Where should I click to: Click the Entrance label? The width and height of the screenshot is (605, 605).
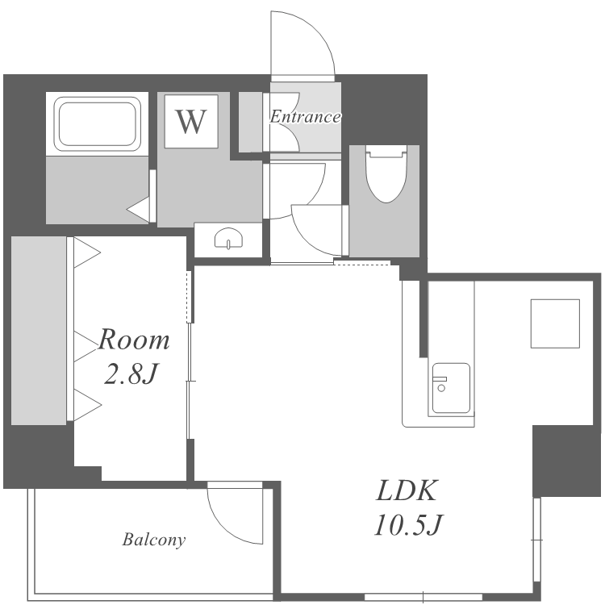305,116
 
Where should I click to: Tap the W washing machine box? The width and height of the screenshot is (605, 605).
191,121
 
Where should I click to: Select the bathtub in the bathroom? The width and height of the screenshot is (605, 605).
97,124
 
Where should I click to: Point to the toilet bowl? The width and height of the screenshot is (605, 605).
386,173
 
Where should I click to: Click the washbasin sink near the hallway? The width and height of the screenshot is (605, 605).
229,239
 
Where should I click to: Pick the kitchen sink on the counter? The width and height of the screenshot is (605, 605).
451,388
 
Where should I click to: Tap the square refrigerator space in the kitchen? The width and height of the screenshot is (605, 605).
555,323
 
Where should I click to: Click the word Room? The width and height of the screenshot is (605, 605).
133,340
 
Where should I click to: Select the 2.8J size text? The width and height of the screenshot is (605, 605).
131,373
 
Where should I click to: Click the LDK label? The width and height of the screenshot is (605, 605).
407,490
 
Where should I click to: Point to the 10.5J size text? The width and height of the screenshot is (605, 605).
408,524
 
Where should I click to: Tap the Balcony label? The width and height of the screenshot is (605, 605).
154,540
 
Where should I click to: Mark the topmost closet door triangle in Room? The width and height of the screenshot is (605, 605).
87,252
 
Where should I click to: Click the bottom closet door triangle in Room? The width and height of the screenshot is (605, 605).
88,405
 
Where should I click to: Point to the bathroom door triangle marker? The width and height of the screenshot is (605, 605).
138,210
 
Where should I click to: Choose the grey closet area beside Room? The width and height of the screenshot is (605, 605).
39,331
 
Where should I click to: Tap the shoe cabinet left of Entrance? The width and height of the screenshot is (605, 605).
251,122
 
